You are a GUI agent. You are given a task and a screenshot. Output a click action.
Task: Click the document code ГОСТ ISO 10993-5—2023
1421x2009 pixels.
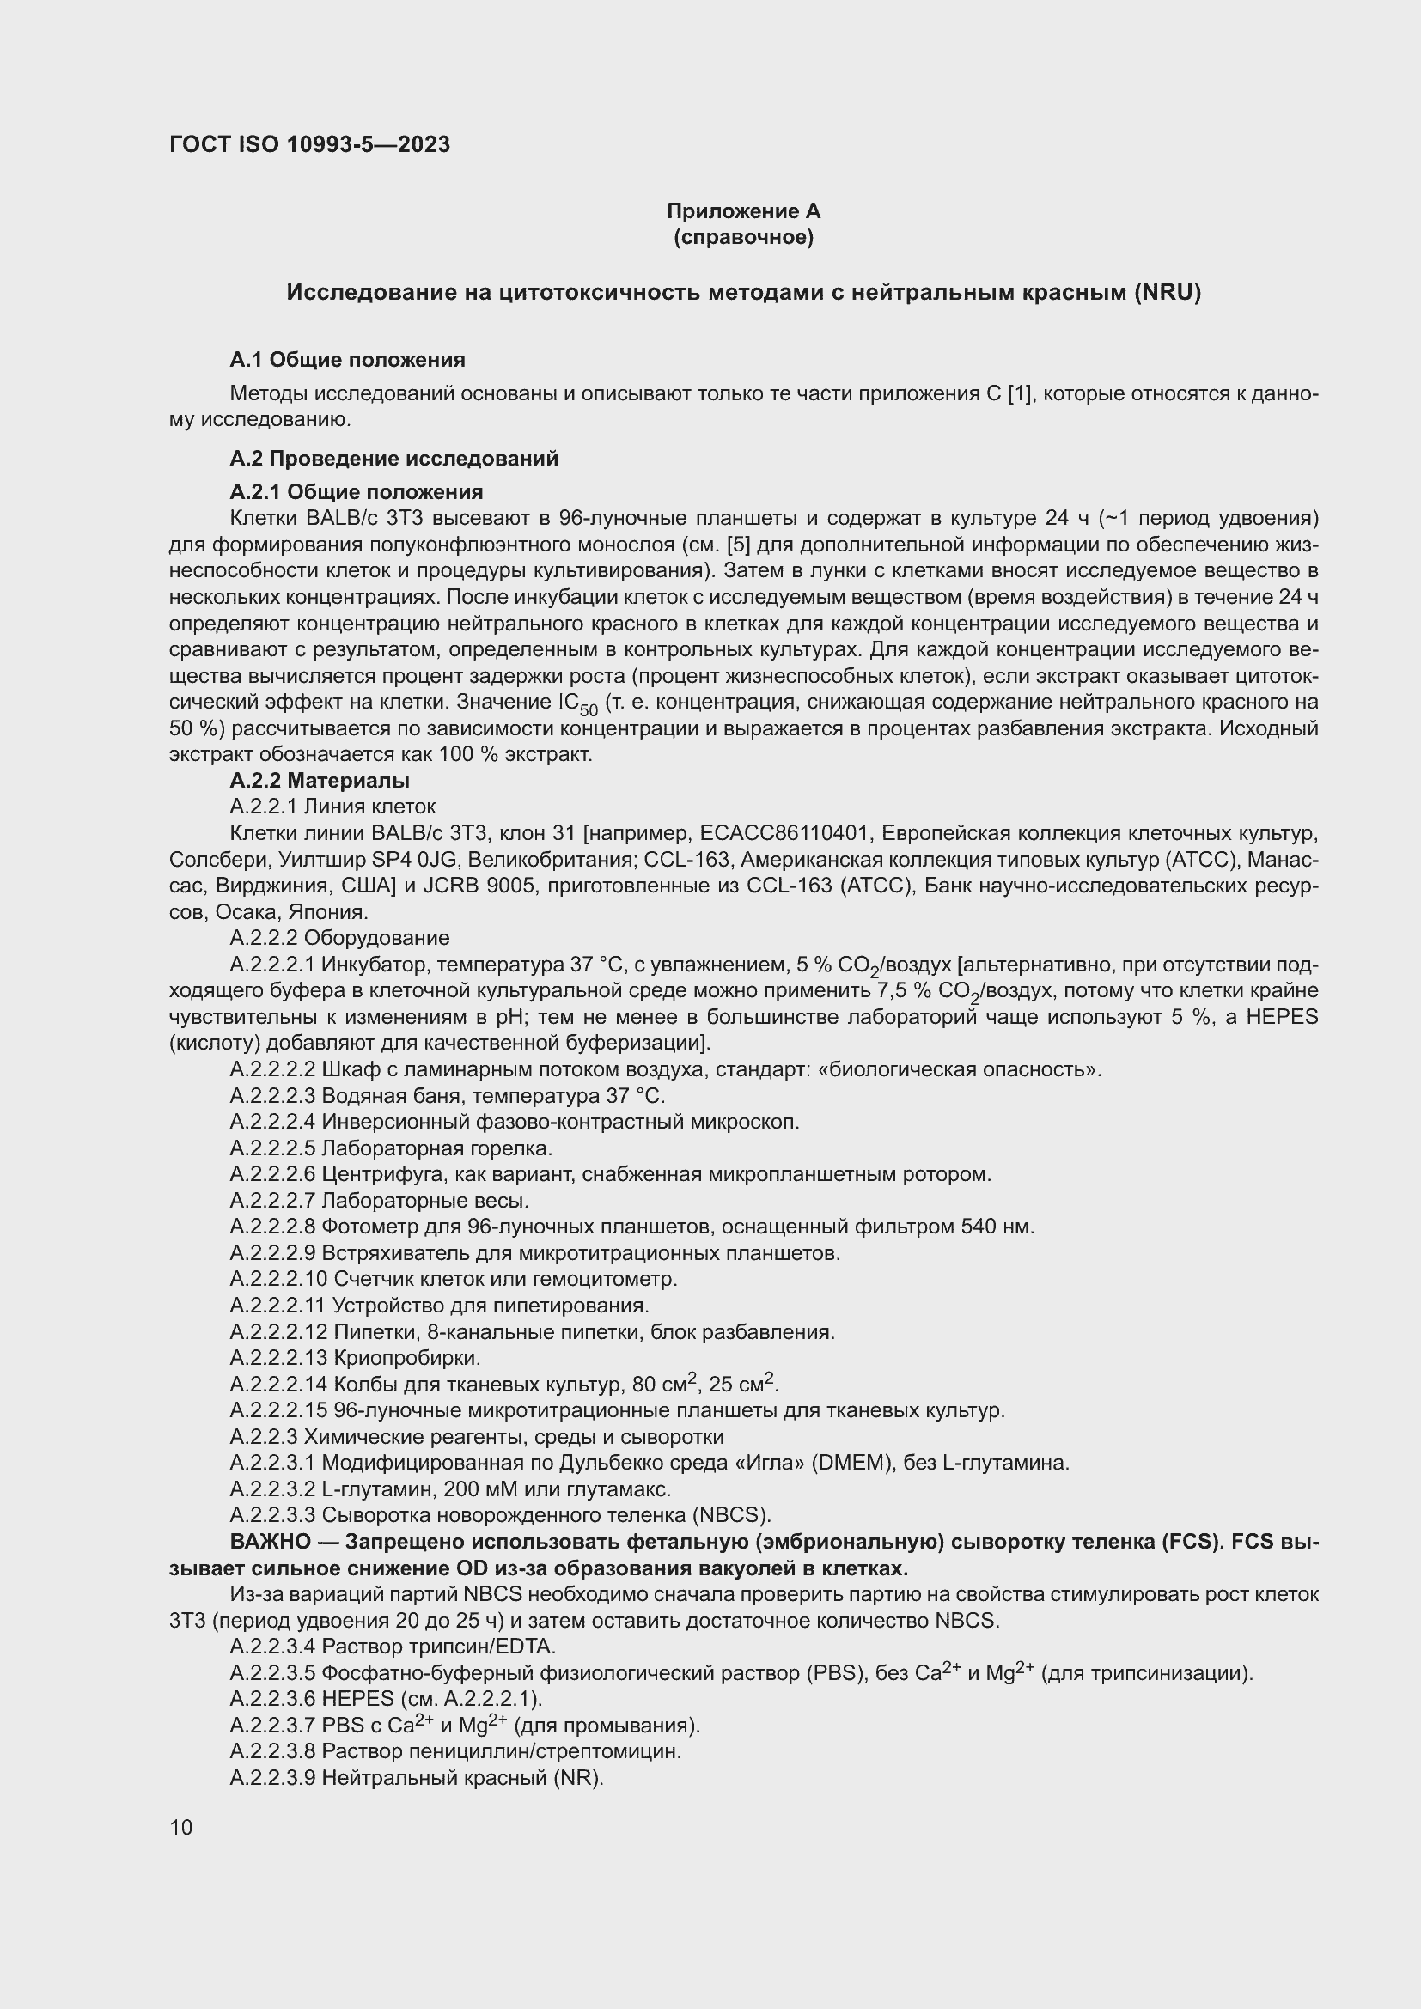click(309, 144)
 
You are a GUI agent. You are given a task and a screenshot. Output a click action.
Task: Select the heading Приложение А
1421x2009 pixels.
click(743, 211)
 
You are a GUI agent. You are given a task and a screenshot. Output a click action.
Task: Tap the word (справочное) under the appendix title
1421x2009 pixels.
click(743, 237)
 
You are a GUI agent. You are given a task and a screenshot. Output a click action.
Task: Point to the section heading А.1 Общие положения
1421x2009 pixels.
click(347, 360)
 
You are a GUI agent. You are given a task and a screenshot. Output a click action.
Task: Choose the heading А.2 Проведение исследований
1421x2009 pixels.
click(393, 459)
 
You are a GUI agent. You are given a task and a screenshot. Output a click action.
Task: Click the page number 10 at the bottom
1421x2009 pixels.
click(181, 1827)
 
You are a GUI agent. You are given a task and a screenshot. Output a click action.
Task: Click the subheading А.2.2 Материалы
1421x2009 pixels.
click(320, 780)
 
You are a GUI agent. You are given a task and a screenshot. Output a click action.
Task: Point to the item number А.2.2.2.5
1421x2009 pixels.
click(272, 1148)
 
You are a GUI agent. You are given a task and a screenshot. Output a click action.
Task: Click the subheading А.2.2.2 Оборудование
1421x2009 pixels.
click(339, 938)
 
